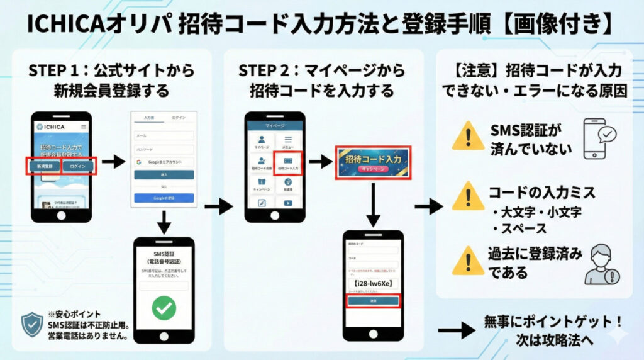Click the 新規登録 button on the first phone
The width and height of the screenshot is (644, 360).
point(44,167)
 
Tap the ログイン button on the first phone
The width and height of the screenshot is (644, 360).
point(78,167)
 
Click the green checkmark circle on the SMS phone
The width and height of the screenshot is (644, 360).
point(164,308)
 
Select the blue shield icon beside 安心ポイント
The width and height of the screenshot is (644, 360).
point(32,325)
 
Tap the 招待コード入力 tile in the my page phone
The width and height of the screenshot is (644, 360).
point(289,163)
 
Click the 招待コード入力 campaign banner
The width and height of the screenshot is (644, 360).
point(372,162)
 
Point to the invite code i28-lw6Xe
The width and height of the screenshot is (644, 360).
point(374,283)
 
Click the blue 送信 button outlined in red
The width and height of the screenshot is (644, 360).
point(374,301)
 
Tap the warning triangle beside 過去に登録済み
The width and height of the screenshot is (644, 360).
point(467,260)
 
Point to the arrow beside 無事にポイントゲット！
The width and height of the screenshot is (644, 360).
point(455,330)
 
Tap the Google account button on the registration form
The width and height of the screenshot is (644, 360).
point(164,162)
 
